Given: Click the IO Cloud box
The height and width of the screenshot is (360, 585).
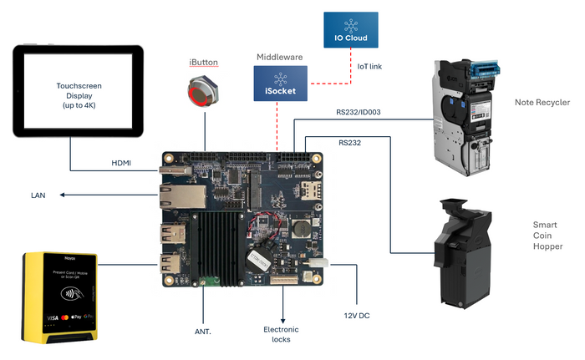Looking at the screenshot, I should coord(351,29).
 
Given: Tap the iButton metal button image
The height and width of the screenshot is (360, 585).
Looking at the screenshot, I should coord(203,93).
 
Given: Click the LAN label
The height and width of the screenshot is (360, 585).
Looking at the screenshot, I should coord(38,195).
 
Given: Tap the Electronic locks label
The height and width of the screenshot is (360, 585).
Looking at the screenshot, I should coord(281,335).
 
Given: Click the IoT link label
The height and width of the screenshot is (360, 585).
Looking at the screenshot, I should coord(369,66).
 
